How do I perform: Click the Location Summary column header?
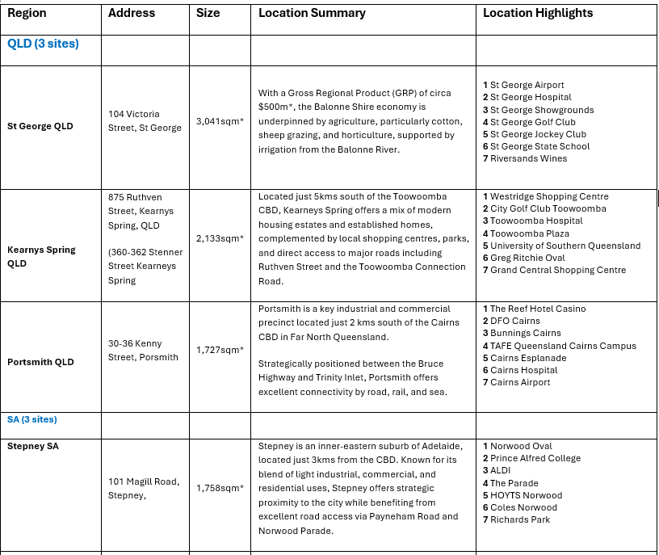pos(312,13)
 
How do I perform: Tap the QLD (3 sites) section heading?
pos(44,44)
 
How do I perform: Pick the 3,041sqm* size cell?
pos(220,121)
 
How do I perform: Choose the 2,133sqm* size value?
pos(220,238)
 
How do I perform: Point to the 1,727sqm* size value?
pos(220,350)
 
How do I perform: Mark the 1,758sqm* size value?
pos(220,488)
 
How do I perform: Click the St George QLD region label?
pos(40,126)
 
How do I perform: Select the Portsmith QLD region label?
pos(40,362)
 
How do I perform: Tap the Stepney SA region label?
pos(33,445)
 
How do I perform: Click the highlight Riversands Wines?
pos(528,158)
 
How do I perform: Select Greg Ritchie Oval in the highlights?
pos(527,258)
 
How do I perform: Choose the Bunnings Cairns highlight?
pos(525,333)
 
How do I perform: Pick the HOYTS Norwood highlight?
pos(526,495)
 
